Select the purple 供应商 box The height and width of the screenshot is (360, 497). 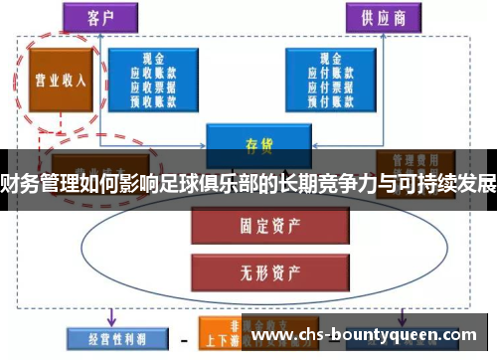pos(379,17)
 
